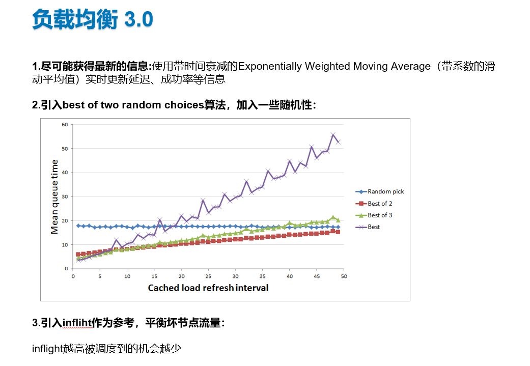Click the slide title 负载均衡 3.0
pyautogui.click(x=92, y=20)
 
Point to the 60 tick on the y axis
pyautogui.click(x=65, y=124)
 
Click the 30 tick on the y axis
pyautogui.click(x=65, y=196)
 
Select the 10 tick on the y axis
pyautogui.click(x=65, y=244)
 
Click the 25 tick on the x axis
pyautogui.click(x=208, y=276)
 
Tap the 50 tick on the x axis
pyautogui.click(x=344, y=276)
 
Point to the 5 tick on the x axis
pyautogui.click(x=100, y=276)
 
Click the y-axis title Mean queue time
pyautogui.click(x=54, y=196)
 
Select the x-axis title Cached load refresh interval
pyautogui.click(x=208, y=288)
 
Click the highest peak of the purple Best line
pyautogui.click(x=333, y=135)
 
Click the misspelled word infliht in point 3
pyautogui.click(x=77, y=323)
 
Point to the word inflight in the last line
pyautogui.click(x=47, y=349)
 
